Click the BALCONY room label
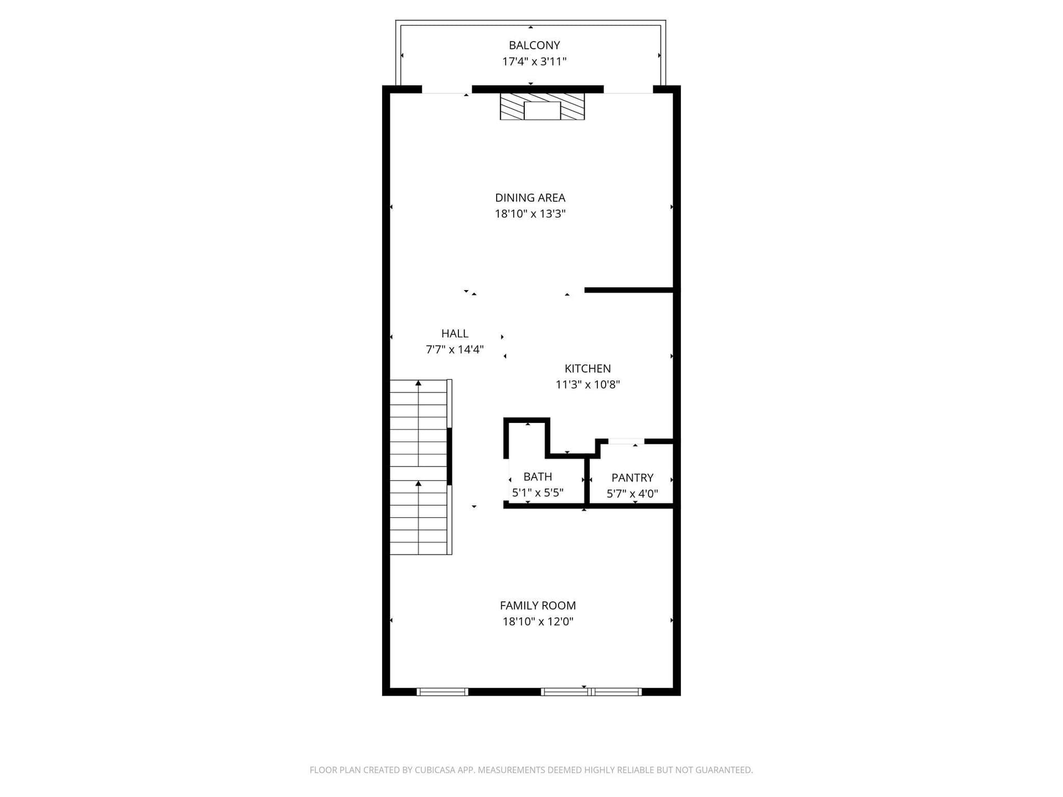tap(534, 45)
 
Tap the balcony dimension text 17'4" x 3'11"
tap(534, 61)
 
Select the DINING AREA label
tap(530, 198)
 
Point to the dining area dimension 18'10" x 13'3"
tap(530, 214)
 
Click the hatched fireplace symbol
tap(542, 106)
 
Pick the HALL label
tap(455, 334)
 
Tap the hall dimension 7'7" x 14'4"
tap(455, 350)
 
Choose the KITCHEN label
tap(587, 369)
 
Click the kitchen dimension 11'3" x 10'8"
tap(587, 385)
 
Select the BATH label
tap(538, 477)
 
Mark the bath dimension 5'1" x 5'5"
tap(538, 493)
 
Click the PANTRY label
tap(632, 478)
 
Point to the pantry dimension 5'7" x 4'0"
tap(632, 494)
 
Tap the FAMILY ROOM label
tap(538, 605)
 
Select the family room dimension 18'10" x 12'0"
tap(538, 622)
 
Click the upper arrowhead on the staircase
tap(419, 383)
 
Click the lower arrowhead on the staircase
tap(419, 484)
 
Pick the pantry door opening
tap(626, 441)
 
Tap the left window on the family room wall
tap(442, 692)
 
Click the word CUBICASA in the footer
tap(435, 770)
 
